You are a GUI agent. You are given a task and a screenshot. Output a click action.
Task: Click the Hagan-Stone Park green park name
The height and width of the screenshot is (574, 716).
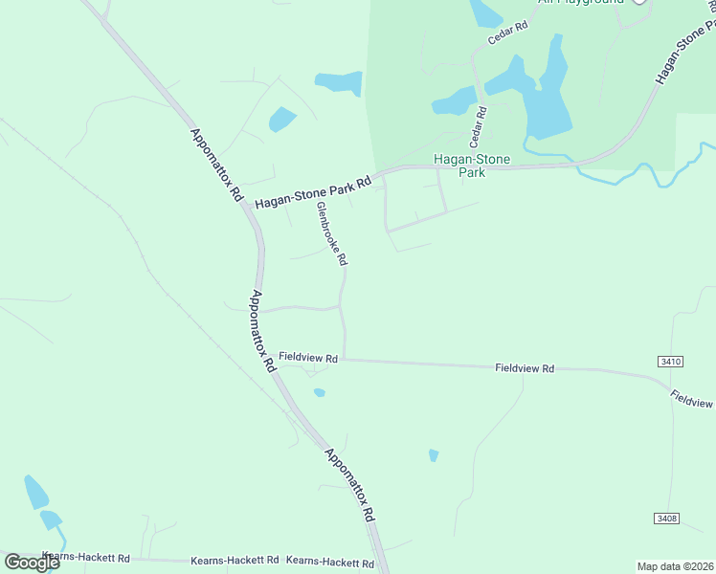pos(471,166)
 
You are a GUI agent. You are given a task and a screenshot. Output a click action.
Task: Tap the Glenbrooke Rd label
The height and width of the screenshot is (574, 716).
pos(332,233)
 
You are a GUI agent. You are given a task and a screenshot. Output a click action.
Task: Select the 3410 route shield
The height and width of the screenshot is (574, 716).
pos(670,361)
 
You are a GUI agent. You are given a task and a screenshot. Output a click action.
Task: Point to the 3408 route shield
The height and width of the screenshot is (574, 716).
pos(667,518)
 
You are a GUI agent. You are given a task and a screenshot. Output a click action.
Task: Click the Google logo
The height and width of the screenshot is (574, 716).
pos(32,562)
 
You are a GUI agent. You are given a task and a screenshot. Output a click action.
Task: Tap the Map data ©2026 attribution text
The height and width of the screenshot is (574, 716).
pos(675,566)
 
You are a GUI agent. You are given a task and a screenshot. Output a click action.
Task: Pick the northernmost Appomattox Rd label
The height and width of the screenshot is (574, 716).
pos(215,166)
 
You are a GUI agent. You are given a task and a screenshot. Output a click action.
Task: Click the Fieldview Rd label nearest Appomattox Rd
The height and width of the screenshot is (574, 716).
pos(309,358)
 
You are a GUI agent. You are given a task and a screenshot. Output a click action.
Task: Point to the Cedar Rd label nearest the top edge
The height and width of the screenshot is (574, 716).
pos(507,33)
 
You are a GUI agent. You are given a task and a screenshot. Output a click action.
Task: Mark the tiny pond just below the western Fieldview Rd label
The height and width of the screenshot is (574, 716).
pos(319,392)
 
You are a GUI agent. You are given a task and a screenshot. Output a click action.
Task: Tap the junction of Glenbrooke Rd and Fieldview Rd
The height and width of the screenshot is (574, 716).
pos(345,360)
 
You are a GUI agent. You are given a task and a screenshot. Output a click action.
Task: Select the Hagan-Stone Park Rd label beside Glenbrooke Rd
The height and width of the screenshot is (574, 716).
pos(313,193)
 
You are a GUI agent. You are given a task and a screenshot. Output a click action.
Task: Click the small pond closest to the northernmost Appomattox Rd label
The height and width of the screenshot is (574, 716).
pos(282,120)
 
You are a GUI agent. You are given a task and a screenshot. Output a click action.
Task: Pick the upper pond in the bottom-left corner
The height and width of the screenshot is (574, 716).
pos(35,492)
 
